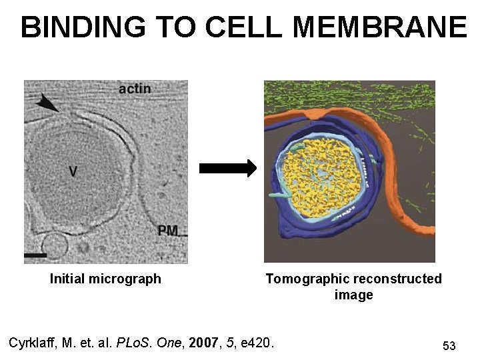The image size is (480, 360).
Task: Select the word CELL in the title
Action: [245, 27]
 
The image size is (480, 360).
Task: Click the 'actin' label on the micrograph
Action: [134, 89]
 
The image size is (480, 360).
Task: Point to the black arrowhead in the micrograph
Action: [47, 102]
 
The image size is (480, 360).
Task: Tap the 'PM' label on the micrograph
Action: [168, 231]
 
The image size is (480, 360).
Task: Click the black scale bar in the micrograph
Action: [35, 254]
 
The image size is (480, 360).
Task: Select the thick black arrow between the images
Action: [227, 169]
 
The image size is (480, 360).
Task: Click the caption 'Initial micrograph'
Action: [105, 279]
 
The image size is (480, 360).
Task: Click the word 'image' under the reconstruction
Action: [353, 295]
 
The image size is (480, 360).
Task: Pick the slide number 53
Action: [449, 345]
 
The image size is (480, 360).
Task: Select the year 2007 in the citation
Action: [203, 343]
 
